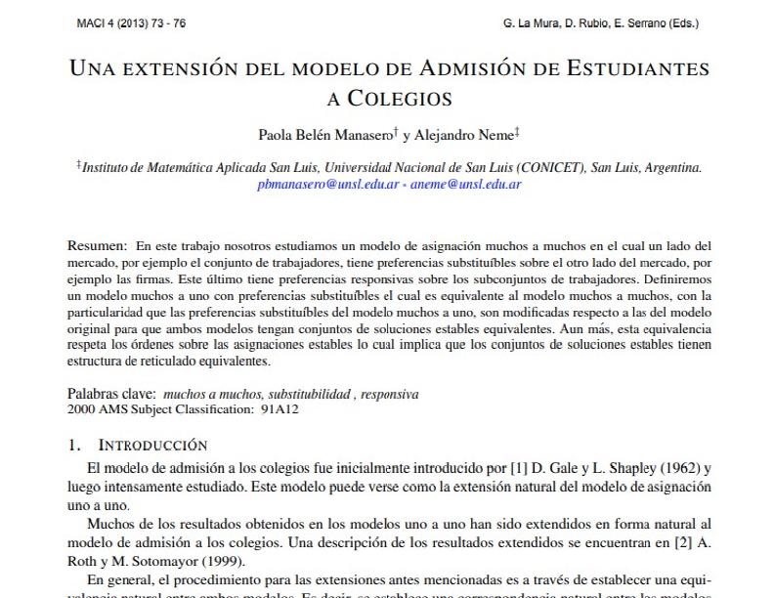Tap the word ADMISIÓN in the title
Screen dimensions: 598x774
point(469,69)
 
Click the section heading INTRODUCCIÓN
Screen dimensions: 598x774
point(152,445)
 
